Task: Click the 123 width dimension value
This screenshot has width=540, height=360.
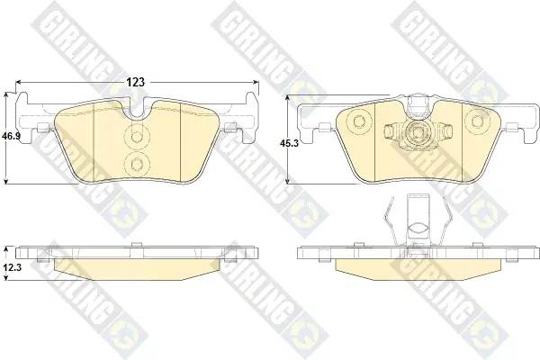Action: [136, 82]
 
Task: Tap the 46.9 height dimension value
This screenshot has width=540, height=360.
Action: [12, 136]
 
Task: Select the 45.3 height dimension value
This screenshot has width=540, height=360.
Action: [289, 144]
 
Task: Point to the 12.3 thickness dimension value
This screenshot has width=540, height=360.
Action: [12, 267]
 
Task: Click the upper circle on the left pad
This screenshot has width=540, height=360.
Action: [137, 136]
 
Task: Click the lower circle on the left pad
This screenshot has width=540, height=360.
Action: [137, 163]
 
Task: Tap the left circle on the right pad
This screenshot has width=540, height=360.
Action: [358, 121]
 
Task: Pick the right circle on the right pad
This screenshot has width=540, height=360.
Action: [477, 121]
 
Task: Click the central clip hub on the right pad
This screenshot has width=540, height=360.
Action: [418, 132]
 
